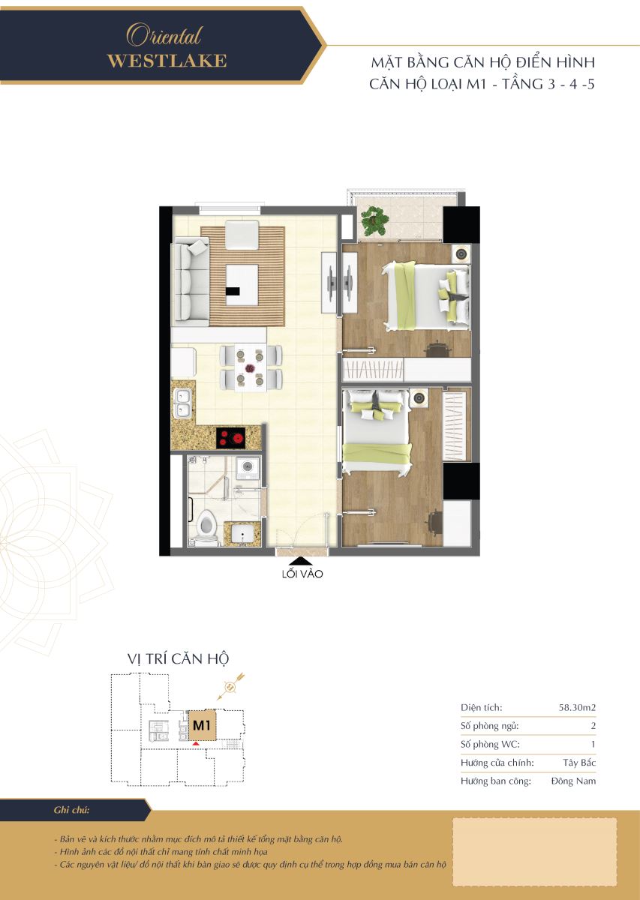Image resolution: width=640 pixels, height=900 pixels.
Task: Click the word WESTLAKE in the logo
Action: click(x=167, y=61)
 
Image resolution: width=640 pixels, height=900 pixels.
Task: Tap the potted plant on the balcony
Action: click(x=374, y=220)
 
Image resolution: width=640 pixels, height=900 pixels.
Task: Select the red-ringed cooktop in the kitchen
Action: click(x=231, y=437)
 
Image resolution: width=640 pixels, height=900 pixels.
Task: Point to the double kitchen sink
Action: click(x=183, y=404)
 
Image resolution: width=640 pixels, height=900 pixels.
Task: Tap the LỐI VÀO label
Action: click(x=302, y=574)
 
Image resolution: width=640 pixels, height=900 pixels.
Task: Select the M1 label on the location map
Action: click(x=202, y=725)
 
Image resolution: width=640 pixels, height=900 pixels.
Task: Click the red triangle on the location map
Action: click(x=195, y=744)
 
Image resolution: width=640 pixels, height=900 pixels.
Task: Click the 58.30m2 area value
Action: click(x=577, y=707)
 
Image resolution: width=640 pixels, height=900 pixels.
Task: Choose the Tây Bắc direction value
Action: click(x=579, y=763)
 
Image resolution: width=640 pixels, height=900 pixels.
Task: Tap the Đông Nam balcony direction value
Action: click(x=574, y=781)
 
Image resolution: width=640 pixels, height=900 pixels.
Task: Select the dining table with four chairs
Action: click(x=251, y=367)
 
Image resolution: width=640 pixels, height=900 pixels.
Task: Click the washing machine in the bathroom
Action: click(x=248, y=468)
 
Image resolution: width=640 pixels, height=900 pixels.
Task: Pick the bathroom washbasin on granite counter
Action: click(x=242, y=533)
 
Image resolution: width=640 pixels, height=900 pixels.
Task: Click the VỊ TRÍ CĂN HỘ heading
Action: click(x=178, y=659)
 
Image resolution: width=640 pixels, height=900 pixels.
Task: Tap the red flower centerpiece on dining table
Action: click(x=251, y=367)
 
